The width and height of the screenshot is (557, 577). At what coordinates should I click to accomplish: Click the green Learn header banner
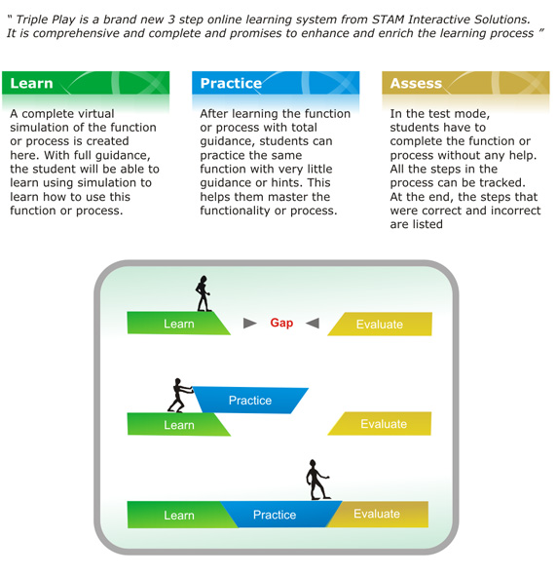pos(86,83)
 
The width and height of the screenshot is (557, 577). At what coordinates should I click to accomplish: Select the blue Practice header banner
pos(276,83)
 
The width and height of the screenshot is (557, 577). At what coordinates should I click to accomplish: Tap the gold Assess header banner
pos(465,83)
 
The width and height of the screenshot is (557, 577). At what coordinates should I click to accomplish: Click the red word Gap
pos(281,323)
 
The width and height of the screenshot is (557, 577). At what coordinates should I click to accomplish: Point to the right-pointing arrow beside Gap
pos(249,323)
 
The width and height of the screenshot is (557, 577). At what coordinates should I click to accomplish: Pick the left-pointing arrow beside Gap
pos(313,323)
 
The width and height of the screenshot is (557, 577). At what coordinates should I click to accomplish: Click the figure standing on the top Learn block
pos(203,293)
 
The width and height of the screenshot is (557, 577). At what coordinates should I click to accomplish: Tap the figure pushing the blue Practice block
pos(179,395)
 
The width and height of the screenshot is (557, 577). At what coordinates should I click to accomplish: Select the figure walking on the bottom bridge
pos(317,480)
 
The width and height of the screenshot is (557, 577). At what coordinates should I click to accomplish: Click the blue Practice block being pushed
pos(250,400)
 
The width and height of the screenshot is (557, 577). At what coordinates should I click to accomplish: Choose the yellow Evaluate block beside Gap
pos(380,324)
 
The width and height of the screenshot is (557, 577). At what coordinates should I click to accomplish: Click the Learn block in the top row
pos(178,323)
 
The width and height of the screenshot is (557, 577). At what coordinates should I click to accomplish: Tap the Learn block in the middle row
pos(178,424)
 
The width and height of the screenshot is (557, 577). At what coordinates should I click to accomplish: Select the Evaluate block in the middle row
pos(380,424)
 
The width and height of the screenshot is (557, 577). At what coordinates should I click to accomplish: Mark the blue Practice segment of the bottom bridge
pos(281,514)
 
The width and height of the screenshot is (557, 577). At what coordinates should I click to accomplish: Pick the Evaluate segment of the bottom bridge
pos(377,514)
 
